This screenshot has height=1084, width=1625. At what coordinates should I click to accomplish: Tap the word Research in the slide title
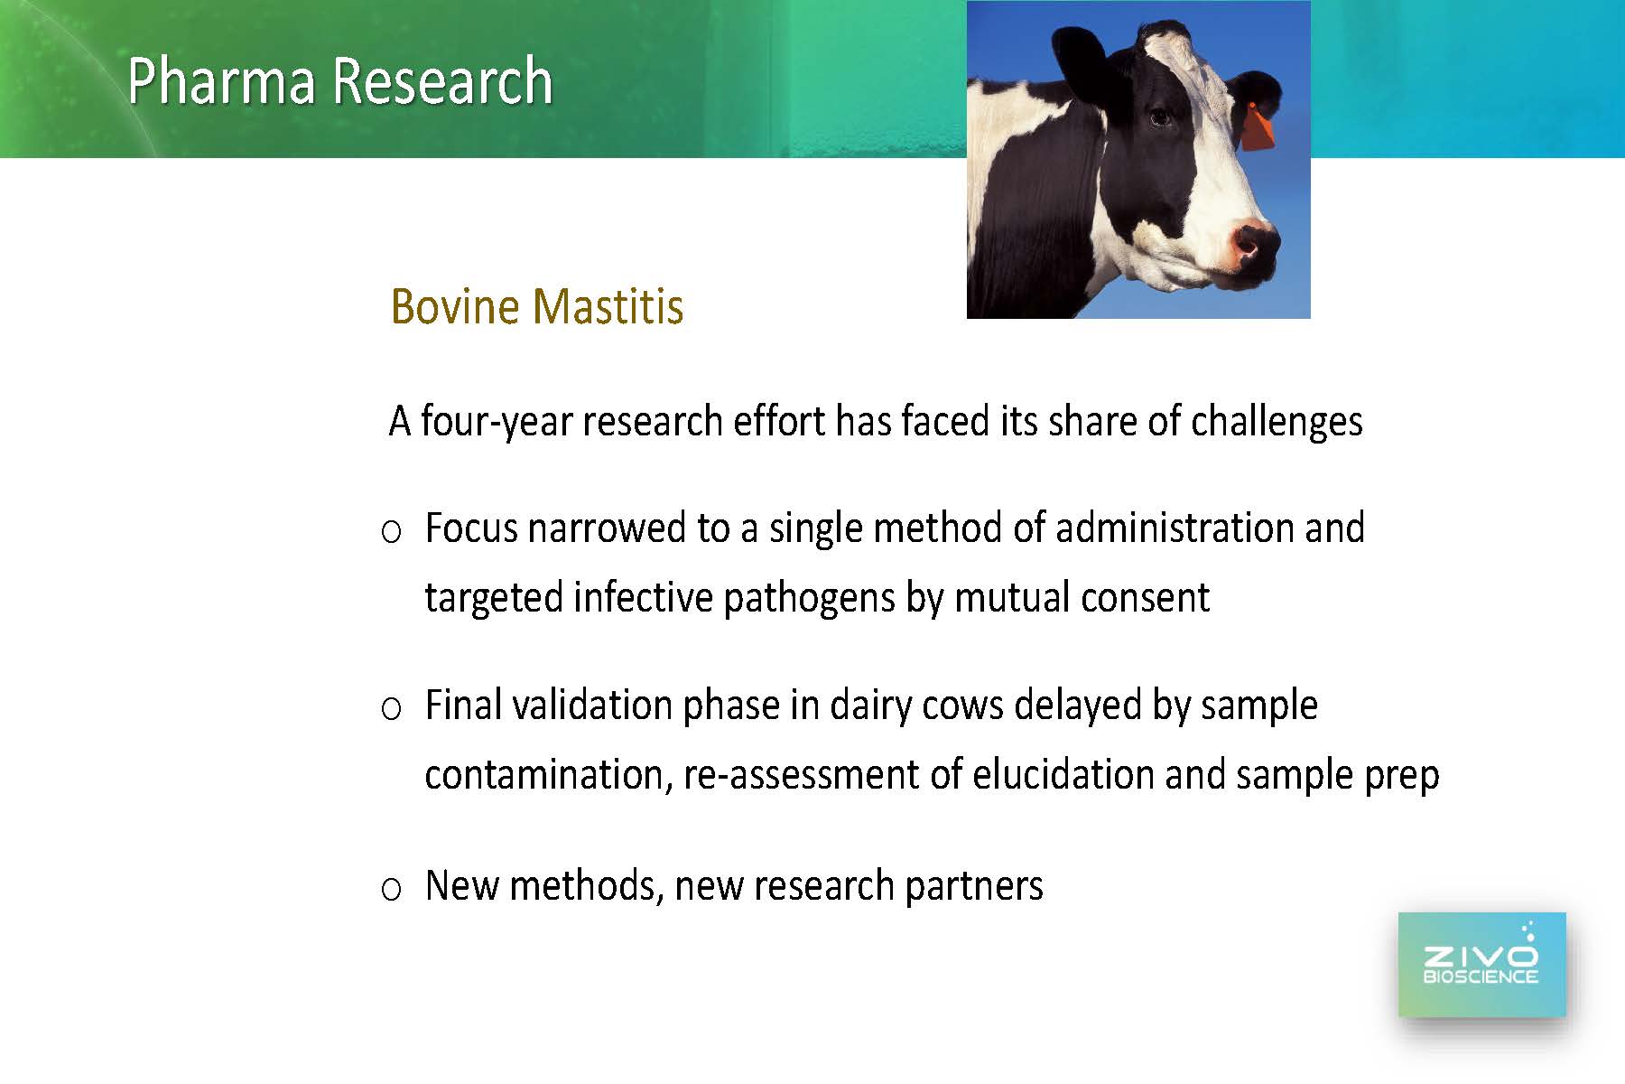[x=443, y=81]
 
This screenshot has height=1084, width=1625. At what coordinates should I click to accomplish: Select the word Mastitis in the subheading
[x=608, y=306]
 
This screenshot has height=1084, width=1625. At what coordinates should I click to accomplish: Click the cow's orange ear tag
[x=1257, y=127]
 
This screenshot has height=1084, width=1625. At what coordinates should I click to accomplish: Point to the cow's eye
[x=1160, y=117]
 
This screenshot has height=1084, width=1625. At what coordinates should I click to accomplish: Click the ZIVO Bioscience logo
[x=1481, y=965]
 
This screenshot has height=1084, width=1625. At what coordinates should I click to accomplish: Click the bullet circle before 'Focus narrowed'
[x=391, y=532]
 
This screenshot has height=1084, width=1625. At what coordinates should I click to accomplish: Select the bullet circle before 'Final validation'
[x=391, y=709]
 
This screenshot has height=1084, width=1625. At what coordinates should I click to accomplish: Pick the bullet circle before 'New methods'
[x=391, y=890]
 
